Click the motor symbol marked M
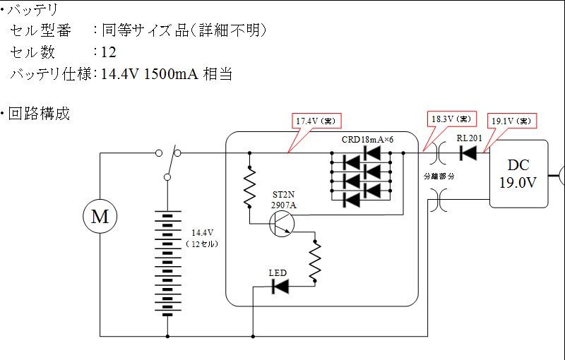coord(100,217)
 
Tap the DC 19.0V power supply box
coord(518,174)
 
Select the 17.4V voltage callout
coord(316,121)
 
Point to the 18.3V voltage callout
coord(451,119)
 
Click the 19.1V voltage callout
coord(511,121)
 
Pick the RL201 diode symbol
coord(468,153)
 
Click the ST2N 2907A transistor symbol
coord(282,224)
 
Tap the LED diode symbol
coord(280,287)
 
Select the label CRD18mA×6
coord(367,140)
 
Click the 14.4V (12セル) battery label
coord(202,238)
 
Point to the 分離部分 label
coord(439,176)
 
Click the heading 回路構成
coord(39,114)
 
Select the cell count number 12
coord(109,52)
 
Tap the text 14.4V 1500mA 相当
coord(167,74)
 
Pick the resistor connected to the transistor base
coord(249,187)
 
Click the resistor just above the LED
coord(315,261)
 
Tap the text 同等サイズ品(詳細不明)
coord(184,30)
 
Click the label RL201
coord(469,138)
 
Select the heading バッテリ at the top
coord(32,10)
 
